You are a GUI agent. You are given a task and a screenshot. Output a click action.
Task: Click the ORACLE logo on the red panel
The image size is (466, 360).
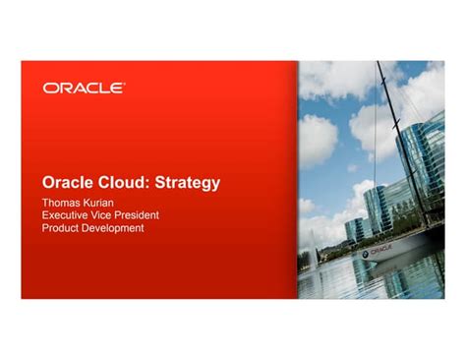[x=84, y=89]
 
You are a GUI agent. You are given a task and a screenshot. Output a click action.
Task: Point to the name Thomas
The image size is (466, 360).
[x=63, y=202]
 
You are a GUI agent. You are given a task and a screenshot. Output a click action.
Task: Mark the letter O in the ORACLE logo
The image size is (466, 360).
[x=49, y=89]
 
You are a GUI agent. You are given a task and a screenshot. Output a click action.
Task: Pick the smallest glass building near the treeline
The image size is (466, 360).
[x=356, y=229]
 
